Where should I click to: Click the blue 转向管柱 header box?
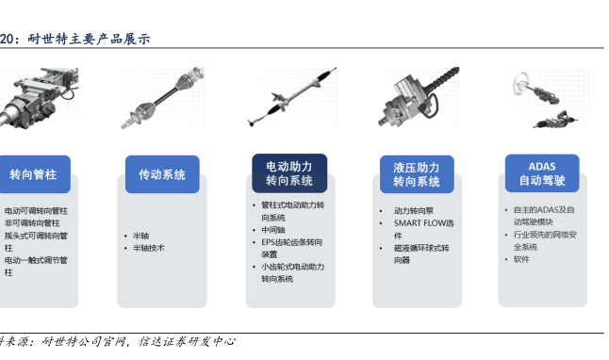tap(34, 174)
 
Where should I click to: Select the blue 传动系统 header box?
tap(162, 174)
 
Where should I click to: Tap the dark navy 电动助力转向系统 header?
tap(289, 173)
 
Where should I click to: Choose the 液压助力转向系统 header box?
tap(417, 174)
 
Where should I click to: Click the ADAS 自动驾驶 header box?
tap(542, 173)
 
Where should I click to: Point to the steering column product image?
tap(38, 98)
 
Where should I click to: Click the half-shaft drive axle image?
tap(162, 98)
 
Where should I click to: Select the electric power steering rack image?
tap(292, 97)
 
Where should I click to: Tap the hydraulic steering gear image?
tap(419, 97)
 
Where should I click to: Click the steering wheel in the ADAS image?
tap(520, 83)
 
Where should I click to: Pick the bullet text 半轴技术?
tap(149, 248)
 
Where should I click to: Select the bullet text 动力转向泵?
tap(414, 211)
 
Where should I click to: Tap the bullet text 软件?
tap(521, 259)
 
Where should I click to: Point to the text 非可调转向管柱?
tap(32, 223)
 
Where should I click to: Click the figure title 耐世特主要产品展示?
tap(89, 39)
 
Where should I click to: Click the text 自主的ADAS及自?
tap(544, 210)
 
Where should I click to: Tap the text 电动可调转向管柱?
tap(36, 211)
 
